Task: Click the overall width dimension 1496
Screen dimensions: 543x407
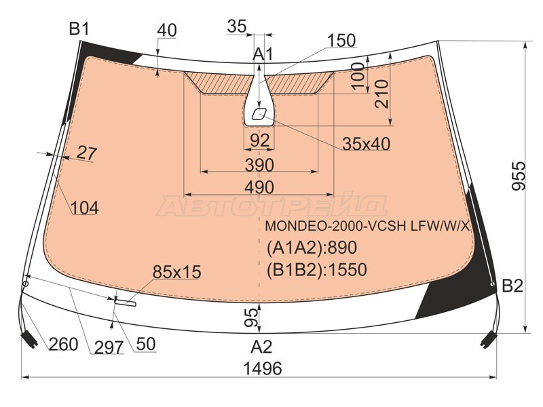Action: [x=263, y=368]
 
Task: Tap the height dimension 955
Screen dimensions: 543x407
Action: [x=519, y=176]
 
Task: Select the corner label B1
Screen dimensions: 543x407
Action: [x=79, y=28]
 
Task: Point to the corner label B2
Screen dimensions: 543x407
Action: [x=512, y=286]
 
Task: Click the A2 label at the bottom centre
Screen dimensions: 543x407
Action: [x=261, y=347]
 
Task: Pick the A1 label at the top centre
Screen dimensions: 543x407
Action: [x=263, y=54]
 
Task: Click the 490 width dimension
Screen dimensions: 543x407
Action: [x=259, y=187]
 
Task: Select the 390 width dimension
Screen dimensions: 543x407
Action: [x=259, y=165]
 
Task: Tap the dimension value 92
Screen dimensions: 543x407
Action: [x=260, y=140]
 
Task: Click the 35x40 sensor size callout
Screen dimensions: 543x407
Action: [x=367, y=144]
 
